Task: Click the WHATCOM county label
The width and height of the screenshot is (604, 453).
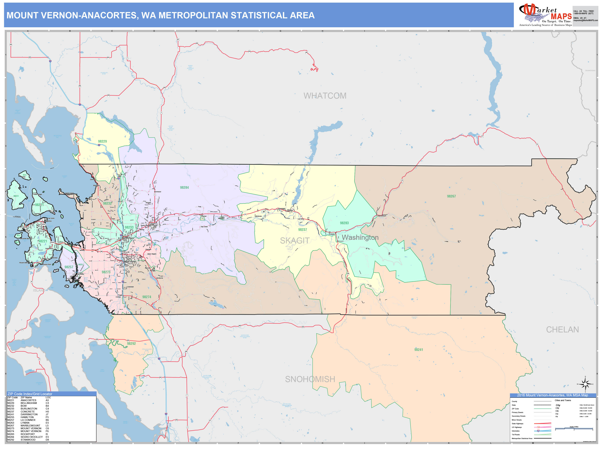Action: point(325,96)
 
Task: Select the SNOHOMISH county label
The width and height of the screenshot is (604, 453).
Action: point(310,379)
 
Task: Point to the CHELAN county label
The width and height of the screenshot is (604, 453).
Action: point(562,330)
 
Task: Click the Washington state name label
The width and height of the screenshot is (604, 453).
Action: point(360,237)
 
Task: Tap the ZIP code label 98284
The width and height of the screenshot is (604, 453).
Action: point(184,188)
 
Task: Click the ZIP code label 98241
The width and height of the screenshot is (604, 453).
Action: point(418,350)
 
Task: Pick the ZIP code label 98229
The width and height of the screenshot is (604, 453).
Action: point(102,141)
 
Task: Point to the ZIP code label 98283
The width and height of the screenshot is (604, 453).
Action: point(344,223)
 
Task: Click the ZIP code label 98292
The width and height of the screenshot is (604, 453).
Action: point(131,343)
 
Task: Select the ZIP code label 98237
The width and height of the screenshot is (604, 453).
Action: point(302,230)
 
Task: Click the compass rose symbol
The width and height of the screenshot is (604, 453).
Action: point(585,384)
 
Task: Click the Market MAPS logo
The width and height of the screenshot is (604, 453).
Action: point(545,15)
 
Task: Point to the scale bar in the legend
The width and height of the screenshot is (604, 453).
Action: point(574,429)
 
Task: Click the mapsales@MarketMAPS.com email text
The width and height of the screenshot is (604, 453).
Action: point(585,20)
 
